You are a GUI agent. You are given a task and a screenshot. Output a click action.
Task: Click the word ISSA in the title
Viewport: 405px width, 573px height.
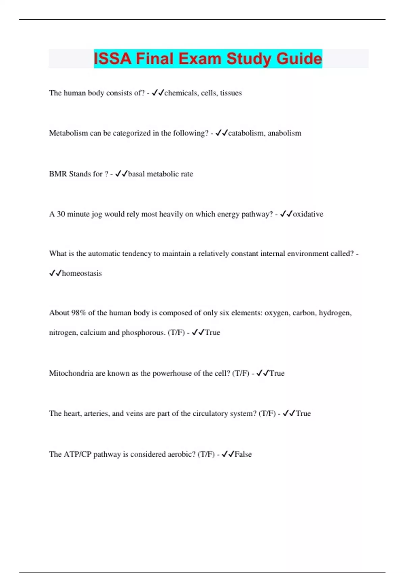pos(112,59)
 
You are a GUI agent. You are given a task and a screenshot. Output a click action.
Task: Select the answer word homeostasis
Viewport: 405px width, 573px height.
pos(82,273)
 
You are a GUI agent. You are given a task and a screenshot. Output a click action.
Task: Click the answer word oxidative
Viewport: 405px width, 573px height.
pos(308,214)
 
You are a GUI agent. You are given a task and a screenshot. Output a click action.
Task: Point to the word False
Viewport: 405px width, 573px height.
pos(243,454)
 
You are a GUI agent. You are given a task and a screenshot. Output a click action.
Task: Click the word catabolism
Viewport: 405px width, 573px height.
pos(246,133)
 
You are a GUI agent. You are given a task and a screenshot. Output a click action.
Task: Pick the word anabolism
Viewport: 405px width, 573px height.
pos(284,133)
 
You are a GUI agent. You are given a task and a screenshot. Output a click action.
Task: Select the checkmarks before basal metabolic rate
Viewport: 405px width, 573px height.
pos(122,174)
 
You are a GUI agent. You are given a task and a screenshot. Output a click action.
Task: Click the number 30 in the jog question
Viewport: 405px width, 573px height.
pos(61,214)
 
